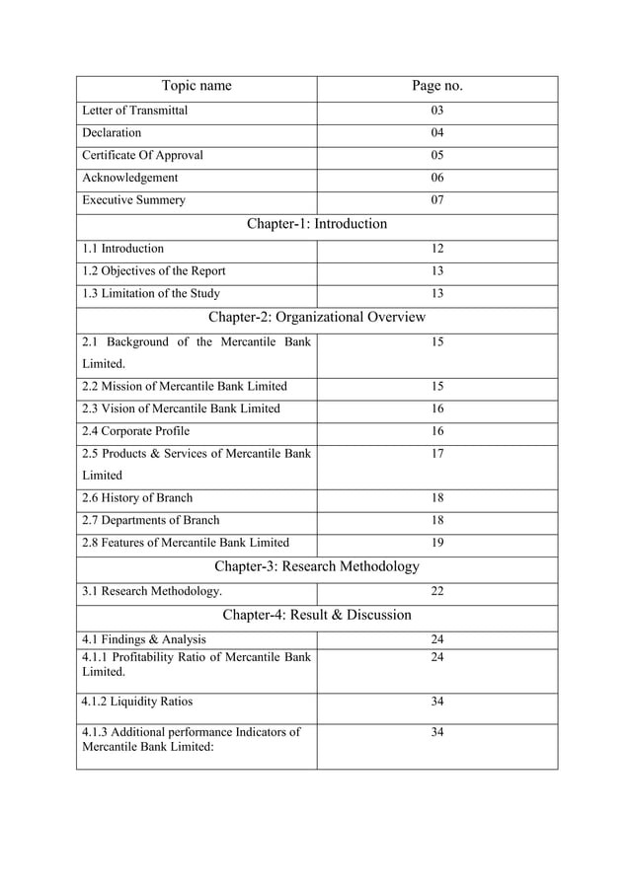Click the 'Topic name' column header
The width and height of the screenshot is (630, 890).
[197, 86]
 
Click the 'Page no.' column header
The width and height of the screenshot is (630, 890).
[436, 86]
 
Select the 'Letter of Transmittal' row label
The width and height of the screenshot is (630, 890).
[134, 111]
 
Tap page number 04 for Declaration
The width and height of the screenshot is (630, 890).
[437, 132]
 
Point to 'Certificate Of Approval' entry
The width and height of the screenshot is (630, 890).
[143, 155]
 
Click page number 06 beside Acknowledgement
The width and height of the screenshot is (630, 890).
[437, 178]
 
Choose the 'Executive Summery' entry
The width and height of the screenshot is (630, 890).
[133, 200]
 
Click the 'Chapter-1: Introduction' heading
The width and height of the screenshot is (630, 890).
[316, 224]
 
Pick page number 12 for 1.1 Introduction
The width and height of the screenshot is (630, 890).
[437, 249]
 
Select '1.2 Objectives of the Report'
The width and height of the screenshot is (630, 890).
[154, 271]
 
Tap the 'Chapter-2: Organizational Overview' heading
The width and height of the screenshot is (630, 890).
[316, 318]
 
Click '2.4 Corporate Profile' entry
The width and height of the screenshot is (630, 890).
[135, 431]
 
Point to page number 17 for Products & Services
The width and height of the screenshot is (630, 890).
[437, 454]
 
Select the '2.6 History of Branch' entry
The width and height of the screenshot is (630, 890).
[137, 498]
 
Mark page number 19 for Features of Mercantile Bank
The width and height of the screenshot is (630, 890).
[437, 542]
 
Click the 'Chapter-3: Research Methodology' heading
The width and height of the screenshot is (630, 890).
[316, 566]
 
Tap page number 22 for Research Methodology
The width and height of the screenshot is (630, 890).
[437, 591]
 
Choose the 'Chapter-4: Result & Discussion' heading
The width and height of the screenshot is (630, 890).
[316, 615]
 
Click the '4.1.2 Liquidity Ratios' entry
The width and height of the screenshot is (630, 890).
[137, 703]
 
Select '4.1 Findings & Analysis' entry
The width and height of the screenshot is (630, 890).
[144, 639]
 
